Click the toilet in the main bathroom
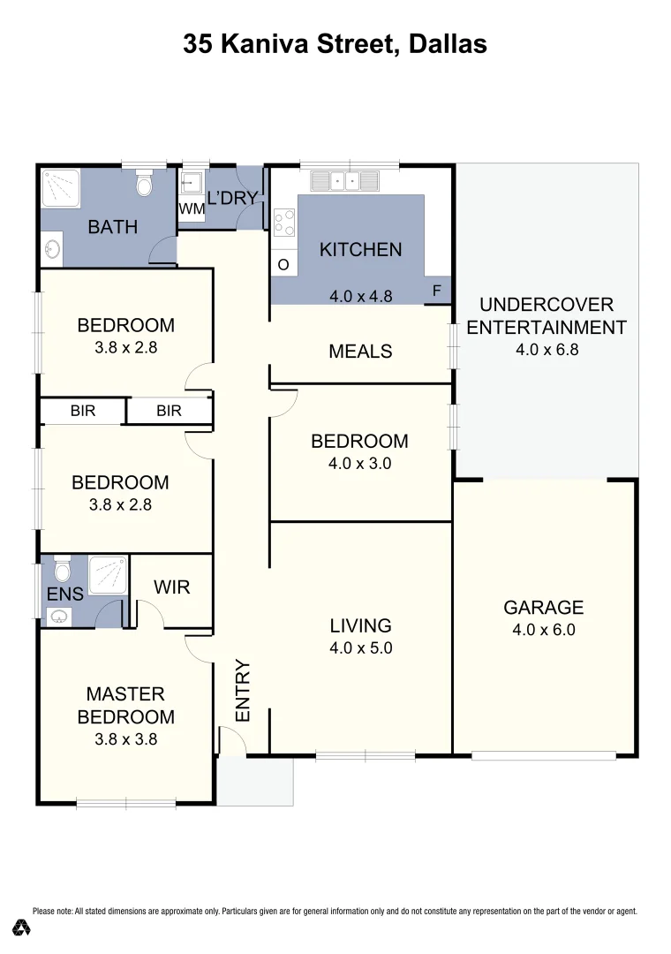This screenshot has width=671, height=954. tap(145, 185)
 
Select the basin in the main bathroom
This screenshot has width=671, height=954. tap(52, 249)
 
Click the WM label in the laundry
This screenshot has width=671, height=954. tap(192, 209)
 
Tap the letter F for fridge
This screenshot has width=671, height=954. tap(436, 291)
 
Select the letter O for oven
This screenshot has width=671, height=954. tap(283, 264)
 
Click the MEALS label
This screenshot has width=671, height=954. tap(360, 352)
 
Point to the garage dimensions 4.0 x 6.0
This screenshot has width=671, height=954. tap(543, 630)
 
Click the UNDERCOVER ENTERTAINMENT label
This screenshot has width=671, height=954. tap(546, 316)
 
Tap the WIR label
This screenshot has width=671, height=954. tap(171, 587)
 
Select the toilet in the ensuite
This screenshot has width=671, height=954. tap(62, 565)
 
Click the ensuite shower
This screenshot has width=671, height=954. tap(108, 575)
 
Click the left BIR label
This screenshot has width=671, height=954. tap(83, 411)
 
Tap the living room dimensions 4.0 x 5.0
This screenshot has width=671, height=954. tap(360, 647)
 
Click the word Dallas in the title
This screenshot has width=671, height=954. tap(448, 43)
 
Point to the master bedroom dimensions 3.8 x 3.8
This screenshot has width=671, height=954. tap(125, 739)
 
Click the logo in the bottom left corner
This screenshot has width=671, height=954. tap(22, 927)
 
